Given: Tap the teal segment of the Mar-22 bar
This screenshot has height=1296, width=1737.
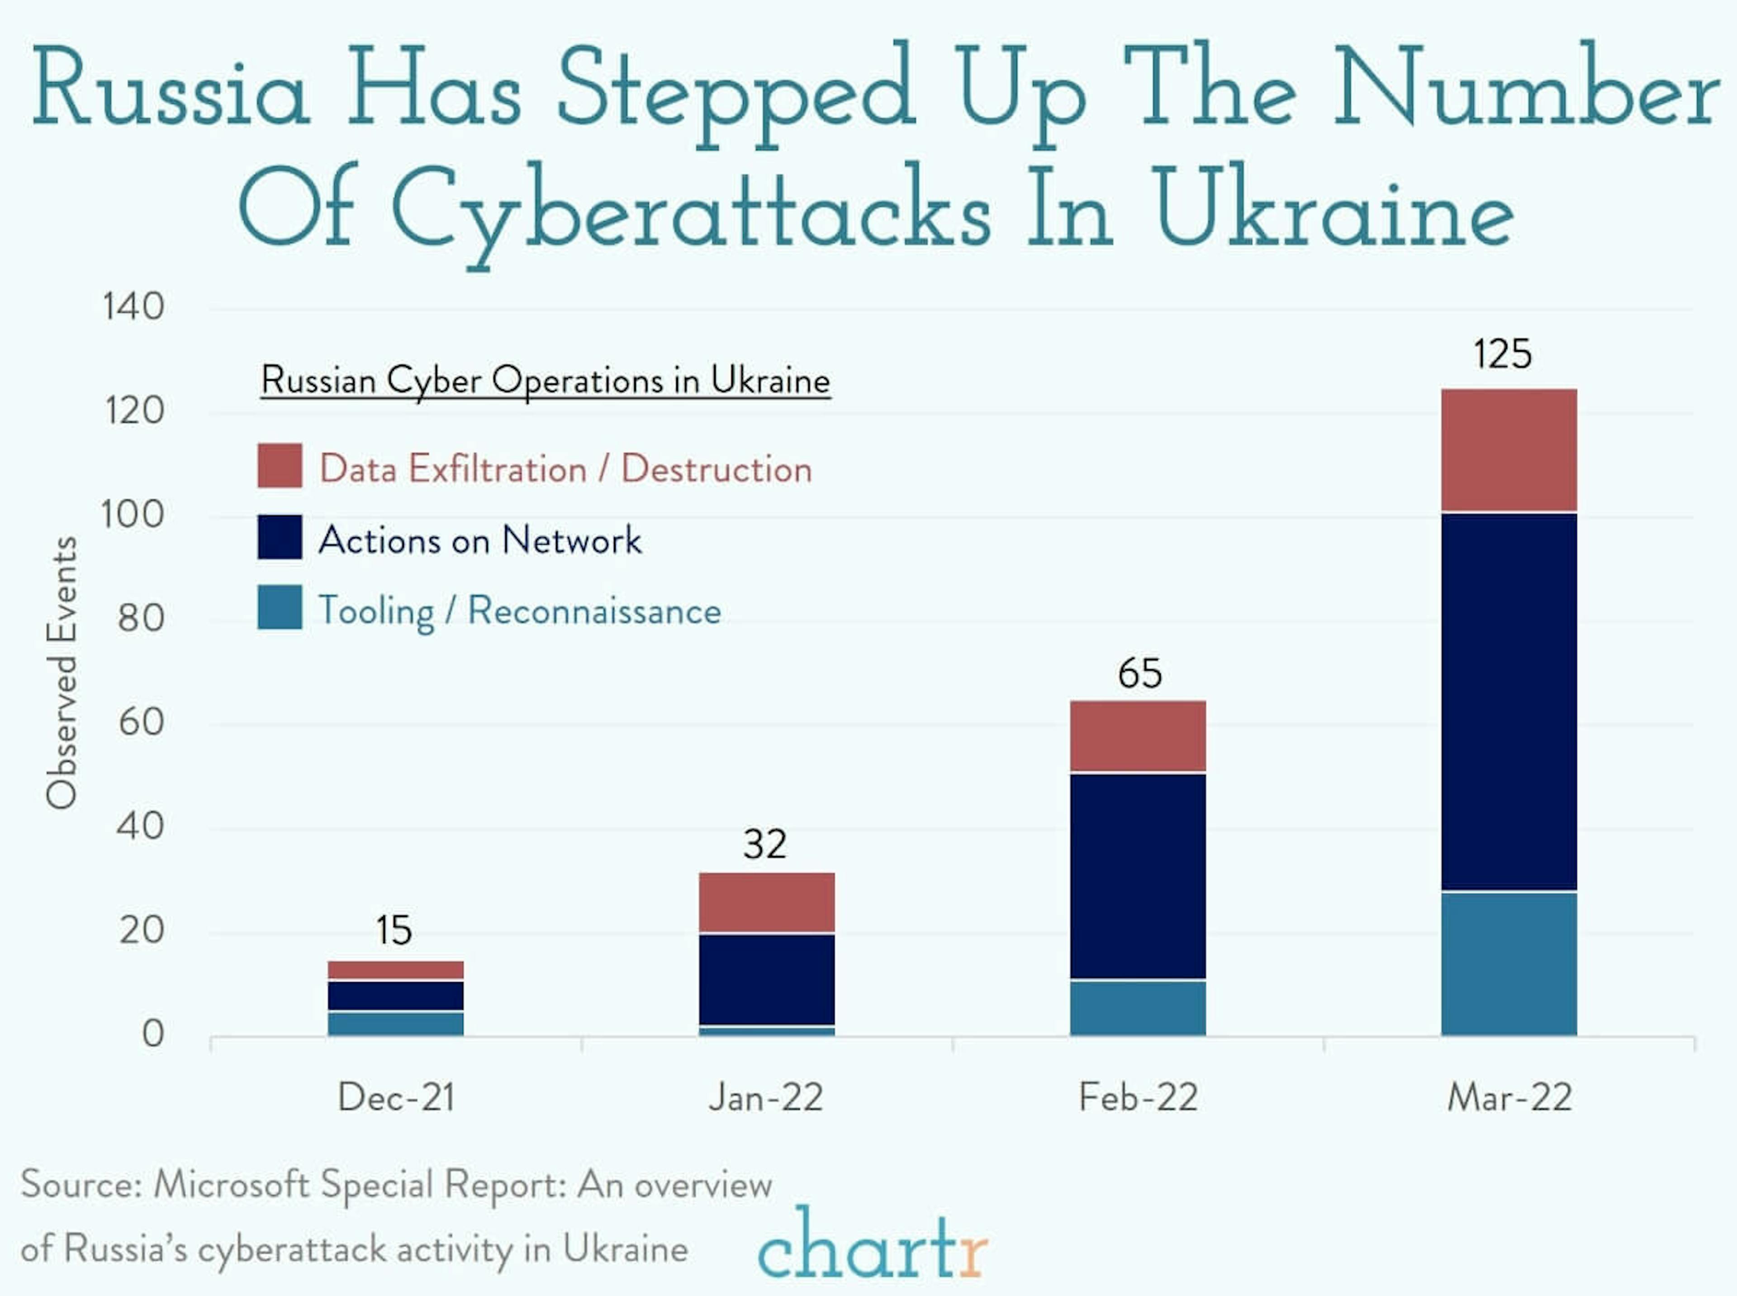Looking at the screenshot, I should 1508,963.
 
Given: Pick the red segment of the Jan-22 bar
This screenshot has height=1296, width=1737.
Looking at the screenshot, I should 767,902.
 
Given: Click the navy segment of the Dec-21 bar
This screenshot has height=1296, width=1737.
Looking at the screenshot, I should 395,996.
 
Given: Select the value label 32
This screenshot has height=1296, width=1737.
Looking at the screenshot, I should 765,844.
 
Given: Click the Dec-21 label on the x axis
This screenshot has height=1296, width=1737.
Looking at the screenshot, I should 396,1097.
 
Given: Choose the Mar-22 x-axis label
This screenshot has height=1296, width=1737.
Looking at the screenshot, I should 1509,1097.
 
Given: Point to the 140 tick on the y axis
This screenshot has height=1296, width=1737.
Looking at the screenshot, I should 133,306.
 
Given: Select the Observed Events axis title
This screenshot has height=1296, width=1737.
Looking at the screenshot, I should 61,672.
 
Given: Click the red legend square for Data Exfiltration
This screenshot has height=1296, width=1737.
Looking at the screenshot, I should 279,465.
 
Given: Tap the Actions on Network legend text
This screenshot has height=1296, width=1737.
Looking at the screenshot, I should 480,540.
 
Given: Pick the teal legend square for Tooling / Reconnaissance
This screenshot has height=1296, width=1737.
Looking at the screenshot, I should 279,607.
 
